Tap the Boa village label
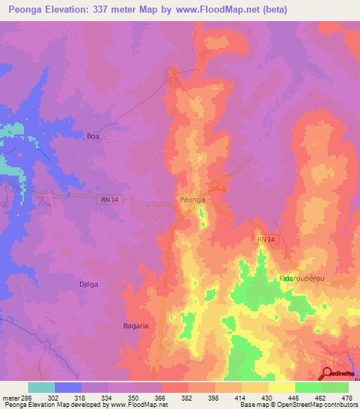[94, 137]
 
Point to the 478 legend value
[345, 397]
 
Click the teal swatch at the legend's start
[41, 387]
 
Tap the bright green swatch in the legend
[309, 387]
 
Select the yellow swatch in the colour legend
[282, 387]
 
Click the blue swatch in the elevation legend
[68, 387]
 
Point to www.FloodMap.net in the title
[211, 9]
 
